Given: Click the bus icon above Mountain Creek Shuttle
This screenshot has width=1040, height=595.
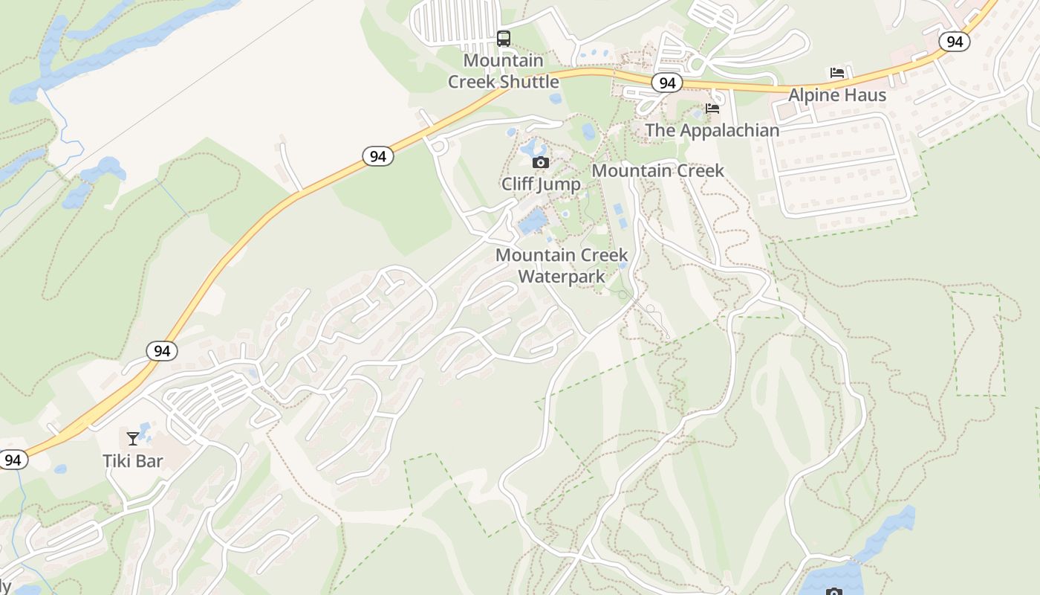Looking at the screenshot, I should tap(504, 38).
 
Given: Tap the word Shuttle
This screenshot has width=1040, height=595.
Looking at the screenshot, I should tap(529, 82).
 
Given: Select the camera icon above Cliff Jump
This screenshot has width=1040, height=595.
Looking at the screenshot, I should tap(541, 162).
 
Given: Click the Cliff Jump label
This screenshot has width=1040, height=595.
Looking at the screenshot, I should tap(541, 184).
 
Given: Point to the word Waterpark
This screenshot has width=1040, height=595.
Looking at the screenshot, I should tap(561, 277).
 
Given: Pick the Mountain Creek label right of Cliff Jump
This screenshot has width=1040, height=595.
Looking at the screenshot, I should tap(657, 170).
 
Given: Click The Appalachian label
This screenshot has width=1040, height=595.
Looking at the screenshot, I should tap(712, 130).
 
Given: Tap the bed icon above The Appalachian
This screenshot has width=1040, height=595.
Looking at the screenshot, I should tap(712, 109).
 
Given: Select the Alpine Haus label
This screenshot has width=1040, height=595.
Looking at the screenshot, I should tap(837, 95).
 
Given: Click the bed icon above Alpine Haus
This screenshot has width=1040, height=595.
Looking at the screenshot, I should tap(837, 73).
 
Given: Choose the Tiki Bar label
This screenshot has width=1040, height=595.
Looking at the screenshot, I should tap(133, 461).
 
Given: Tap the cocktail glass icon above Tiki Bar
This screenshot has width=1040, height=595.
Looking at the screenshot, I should tap(133, 439).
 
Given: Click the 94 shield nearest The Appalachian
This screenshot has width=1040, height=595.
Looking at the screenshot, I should tap(667, 83).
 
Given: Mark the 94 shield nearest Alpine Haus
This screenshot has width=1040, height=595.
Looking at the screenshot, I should tap(955, 42).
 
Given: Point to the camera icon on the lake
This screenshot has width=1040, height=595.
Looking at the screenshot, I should tap(833, 592).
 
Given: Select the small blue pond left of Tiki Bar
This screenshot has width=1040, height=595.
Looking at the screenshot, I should tap(60, 469).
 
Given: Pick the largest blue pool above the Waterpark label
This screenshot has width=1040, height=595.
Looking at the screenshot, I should tap(533, 222).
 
